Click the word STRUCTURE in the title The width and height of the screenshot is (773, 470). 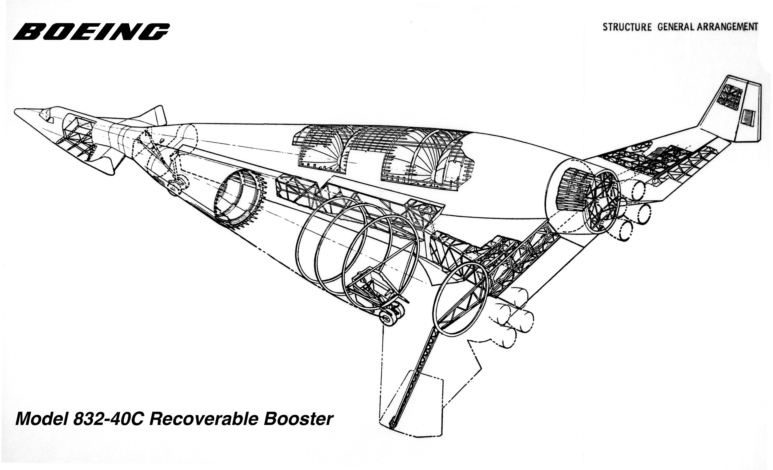click(x=627, y=27)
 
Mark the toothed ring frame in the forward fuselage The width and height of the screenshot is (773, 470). click(x=240, y=199)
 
